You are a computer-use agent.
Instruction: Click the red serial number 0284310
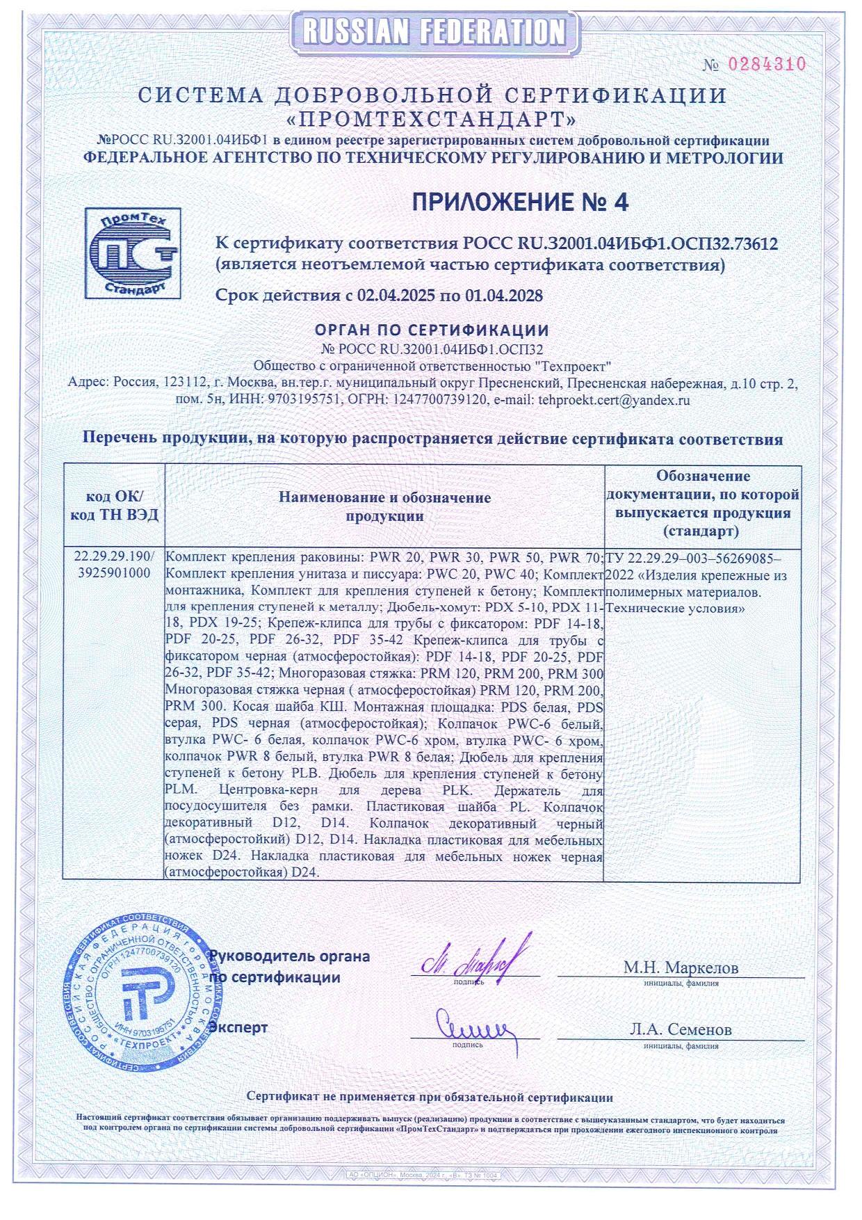(766, 65)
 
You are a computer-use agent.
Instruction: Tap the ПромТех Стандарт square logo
(132, 253)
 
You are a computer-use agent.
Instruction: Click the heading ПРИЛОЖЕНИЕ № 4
(520, 202)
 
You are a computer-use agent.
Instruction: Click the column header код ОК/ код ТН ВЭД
(114, 506)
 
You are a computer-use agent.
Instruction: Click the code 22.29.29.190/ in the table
(114, 557)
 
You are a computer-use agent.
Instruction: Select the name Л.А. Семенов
(681, 1029)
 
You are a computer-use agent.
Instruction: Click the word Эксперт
(238, 1027)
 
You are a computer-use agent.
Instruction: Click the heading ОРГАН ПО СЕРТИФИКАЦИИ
(432, 330)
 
